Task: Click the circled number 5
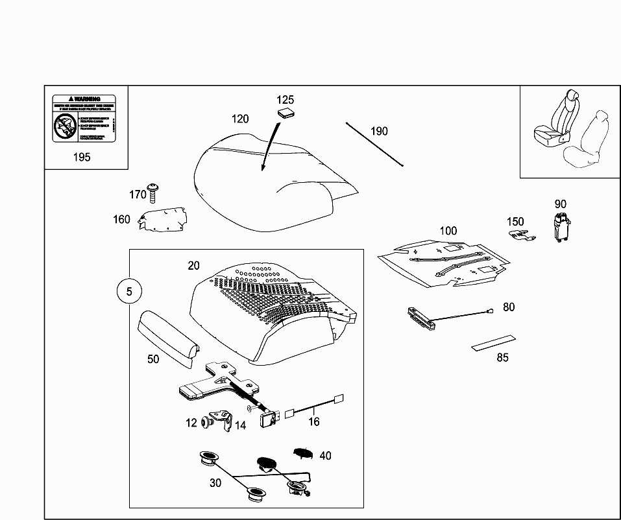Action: tap(129, 292)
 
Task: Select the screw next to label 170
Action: tap(154, 193)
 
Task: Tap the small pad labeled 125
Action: tap(286, 113)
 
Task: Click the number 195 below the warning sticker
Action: tap(82, 157)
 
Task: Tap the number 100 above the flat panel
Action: tap(448, 231)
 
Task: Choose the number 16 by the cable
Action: tap(314, 421)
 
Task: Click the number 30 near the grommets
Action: tap(215, 483)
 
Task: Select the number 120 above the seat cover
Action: tap(240, 119)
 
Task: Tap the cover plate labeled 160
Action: tap(162, 219)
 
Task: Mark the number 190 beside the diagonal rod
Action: tap(379, 131)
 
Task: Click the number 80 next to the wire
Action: tap(509, 307)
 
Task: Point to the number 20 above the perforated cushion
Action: tap(194, 265)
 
